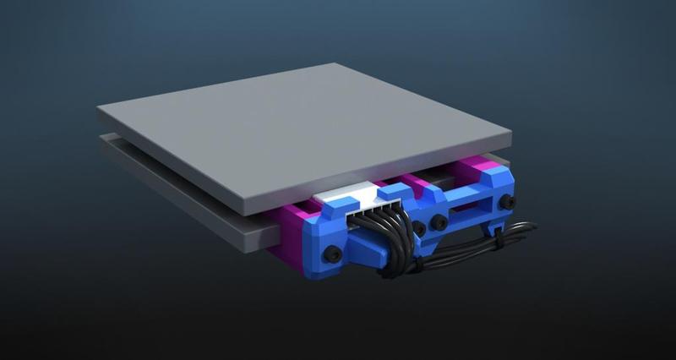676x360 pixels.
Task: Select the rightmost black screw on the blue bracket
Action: pyautogui.click(x=506, y=202)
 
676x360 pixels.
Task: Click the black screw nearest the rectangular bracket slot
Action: pyautogui.click(x=440, y=222)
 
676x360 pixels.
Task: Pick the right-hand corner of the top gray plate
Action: pyautogui.click(x=510, y=134)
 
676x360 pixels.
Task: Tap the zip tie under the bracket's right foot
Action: pyautogui.click(x=499, y=239)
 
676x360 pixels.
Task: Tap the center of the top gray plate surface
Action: pyautogui.click(x=304, y=127)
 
